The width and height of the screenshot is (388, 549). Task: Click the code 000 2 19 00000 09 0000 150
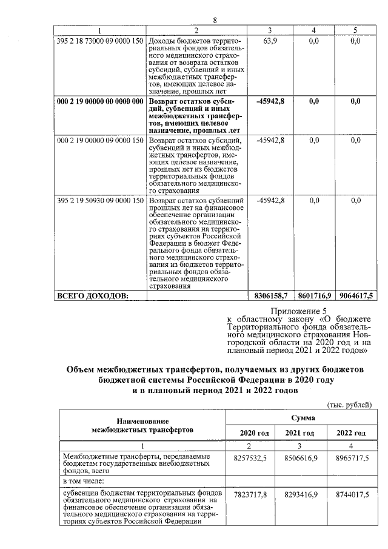click(x=99, y=140)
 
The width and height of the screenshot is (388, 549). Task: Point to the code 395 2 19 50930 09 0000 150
click(x=99, y=200)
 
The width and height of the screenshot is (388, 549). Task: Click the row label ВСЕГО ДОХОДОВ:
click(x=92, y=295)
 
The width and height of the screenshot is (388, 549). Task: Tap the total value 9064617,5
click(x=355, y=295)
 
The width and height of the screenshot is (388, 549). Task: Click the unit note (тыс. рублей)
click(x=349, y=405)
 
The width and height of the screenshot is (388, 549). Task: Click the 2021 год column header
click(x=302, y=433)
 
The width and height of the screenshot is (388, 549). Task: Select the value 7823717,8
click(x=250, y=495)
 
